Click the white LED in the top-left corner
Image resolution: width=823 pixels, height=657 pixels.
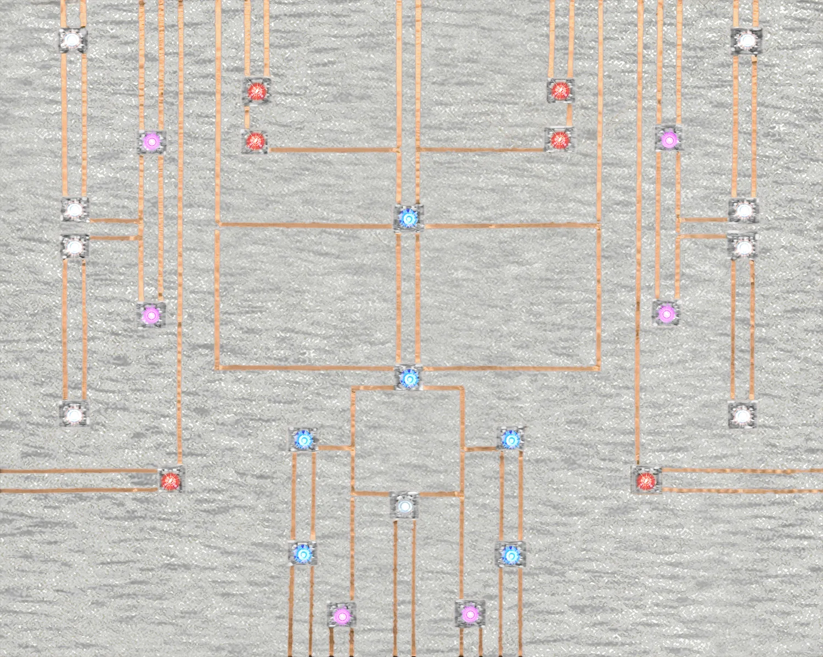point(72,40)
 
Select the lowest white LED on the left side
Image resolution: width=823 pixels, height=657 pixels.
point(73,414)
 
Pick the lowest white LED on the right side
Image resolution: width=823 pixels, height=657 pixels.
point(742,415)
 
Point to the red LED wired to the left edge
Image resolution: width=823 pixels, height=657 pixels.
point(171,480)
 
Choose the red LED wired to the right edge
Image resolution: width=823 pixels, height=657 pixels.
point(646,481)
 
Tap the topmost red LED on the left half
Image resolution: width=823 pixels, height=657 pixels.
point(256,90)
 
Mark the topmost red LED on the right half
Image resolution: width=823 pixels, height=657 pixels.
point(560,89)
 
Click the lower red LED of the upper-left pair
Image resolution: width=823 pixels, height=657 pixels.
point(255,141)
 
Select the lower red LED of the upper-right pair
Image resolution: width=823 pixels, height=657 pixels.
point(559,140)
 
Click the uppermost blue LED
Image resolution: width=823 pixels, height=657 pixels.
point(409,218)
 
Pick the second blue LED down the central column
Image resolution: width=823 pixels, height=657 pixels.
point(409,378)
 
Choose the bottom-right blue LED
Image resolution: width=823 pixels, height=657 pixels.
point(510,556)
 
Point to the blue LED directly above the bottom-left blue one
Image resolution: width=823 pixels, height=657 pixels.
point(303,439)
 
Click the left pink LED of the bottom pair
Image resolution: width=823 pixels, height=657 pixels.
point(341,615)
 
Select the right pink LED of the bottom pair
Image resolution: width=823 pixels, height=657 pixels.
point(469,614)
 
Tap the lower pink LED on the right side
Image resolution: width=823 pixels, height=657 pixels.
point(667,313)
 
